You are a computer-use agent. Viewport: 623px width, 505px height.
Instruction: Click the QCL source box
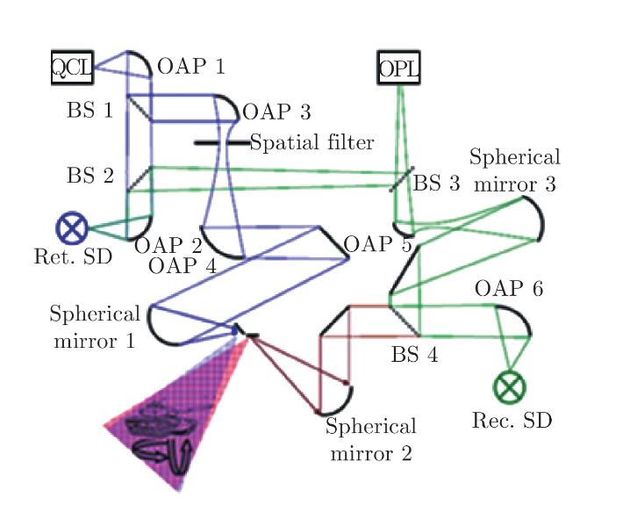coord(72,68)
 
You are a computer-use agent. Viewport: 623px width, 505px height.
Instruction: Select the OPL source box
coord(398,68)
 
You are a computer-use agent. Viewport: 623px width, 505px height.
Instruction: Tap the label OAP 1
coord(191,67)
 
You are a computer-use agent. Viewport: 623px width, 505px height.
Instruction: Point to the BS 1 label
coord(90,110)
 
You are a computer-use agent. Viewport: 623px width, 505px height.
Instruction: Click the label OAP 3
coord(276,112)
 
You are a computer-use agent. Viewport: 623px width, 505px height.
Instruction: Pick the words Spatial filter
coord(312,142)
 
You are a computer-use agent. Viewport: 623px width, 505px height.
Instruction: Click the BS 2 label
coord(90,176)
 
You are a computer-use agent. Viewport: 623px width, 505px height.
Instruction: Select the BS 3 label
coord(437,184)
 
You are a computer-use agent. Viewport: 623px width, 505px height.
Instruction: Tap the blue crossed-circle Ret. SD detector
coord(72,227)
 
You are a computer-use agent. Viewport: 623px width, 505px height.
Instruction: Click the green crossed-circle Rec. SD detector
coord(509,386)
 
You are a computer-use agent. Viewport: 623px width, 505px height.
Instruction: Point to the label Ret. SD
coord(73,256)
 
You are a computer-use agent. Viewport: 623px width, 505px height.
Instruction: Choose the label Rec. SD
coord(512,421)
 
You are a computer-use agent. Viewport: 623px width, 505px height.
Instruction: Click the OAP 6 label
coord(509,288)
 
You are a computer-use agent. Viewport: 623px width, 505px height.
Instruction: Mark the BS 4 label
coord(415,354)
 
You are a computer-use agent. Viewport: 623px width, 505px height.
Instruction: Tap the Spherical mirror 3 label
coord(515,170)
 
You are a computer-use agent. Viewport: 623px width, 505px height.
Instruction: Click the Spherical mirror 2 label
coord(371,439)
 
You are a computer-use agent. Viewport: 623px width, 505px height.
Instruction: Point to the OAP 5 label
coord(378,244)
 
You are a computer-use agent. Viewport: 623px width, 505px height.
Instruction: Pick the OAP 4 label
coord(183,266)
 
